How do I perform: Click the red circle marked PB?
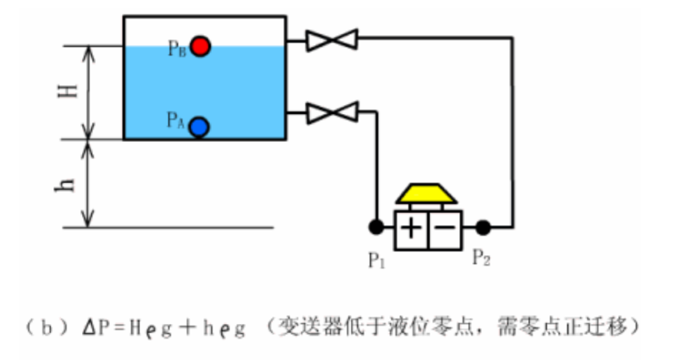(x=200, y=46)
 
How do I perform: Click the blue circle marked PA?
(x=199, y=126)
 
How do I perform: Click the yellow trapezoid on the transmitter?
(x=428, y=194)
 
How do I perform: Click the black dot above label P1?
(x=376, y=226)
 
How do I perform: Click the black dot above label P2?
(x=483, y=226)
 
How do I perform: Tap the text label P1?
(x=376, y=260)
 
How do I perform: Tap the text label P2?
(x=482, y=260)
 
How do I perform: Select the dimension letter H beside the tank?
(x=70, y=92)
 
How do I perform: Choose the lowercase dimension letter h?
(x=70, y=181)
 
